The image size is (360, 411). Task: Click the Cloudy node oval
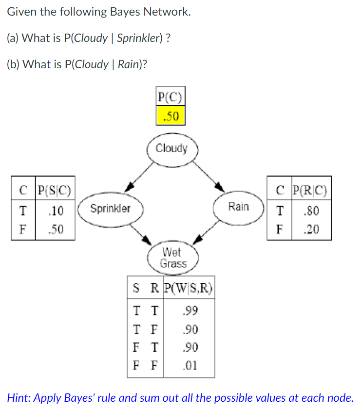point(172,149)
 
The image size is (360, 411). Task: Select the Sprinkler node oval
point(111,209)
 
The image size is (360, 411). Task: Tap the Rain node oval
point(238,207)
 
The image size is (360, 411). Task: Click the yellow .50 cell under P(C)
point(171,116)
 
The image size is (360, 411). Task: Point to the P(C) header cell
point(171,97)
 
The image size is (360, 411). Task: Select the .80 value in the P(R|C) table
point(311,211)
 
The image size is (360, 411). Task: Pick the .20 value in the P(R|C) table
point(311,229)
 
